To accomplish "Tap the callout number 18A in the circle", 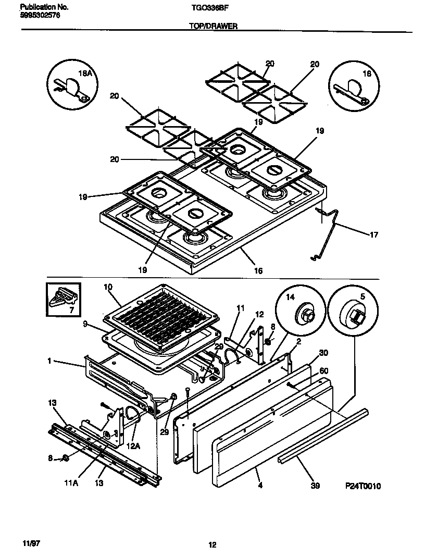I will (x=85, y=75).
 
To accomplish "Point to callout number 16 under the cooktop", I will (x=258, y=270).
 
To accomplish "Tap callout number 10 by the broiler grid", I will (x=108, y=287).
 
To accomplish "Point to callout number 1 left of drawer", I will (x=49, y=361).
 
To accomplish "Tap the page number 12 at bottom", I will (x=212, y=545).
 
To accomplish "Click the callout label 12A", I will (x=133, y=446).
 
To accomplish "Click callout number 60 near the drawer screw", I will (x=323, y=370).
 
